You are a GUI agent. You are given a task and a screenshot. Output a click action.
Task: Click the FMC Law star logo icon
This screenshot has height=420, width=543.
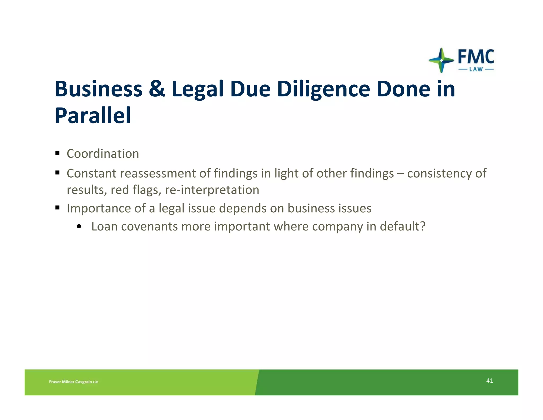click(x=441, y=60)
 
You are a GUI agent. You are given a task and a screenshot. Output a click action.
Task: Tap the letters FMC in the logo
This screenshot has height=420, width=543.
click(x=476, y=57)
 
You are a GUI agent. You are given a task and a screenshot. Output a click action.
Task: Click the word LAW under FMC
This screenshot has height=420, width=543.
click(x=476, y=70)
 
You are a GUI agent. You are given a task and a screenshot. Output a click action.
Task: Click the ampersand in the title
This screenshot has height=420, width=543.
click(x=157, y=89)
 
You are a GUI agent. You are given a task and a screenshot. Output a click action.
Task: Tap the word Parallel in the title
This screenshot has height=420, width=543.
click(x=93, y=115)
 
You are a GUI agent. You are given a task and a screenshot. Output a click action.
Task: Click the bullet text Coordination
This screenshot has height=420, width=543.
click(x=103, y=154)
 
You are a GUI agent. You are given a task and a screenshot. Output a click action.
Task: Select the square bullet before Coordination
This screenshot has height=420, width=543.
click(x=58, y=153)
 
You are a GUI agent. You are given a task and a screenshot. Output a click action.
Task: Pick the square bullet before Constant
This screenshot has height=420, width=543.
click(x=58, y=173)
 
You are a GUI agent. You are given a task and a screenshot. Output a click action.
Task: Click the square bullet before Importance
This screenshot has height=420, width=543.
click(x=58, y=207)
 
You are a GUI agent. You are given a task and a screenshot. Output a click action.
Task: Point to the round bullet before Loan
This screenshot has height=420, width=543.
click(x=79, y=226)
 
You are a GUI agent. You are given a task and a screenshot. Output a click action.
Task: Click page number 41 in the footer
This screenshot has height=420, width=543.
click(x=489, y=381)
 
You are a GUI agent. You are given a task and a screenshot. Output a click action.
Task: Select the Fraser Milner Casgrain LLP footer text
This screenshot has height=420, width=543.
click(x=73, y=382)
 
